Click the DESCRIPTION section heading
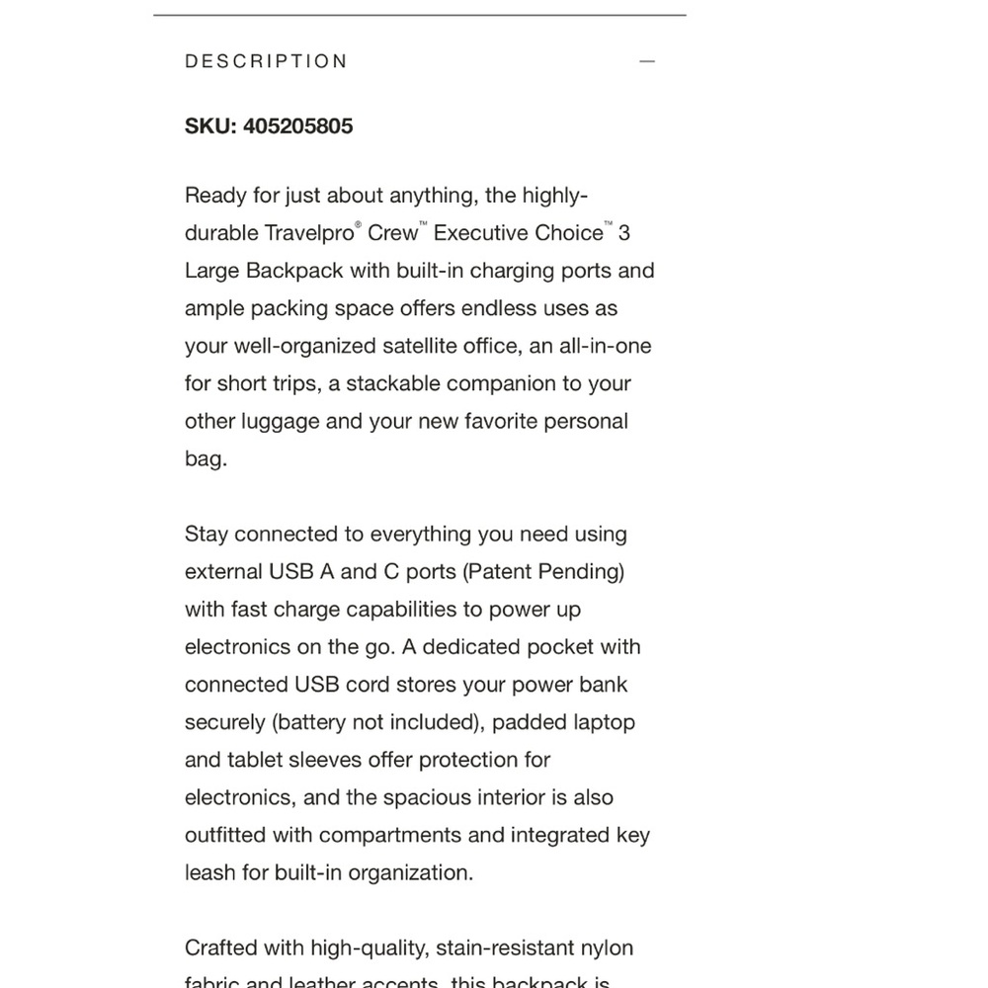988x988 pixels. (266, 61)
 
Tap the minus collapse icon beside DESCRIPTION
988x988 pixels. (647, 61)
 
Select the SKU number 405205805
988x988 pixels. (297, 126)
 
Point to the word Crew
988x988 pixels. (392, 234)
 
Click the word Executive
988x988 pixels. (481, 234)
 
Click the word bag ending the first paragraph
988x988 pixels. (204, 459)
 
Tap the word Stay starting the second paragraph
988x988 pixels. (206, 535)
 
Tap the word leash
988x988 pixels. (209, 873)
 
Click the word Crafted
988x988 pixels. (220, 948)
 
